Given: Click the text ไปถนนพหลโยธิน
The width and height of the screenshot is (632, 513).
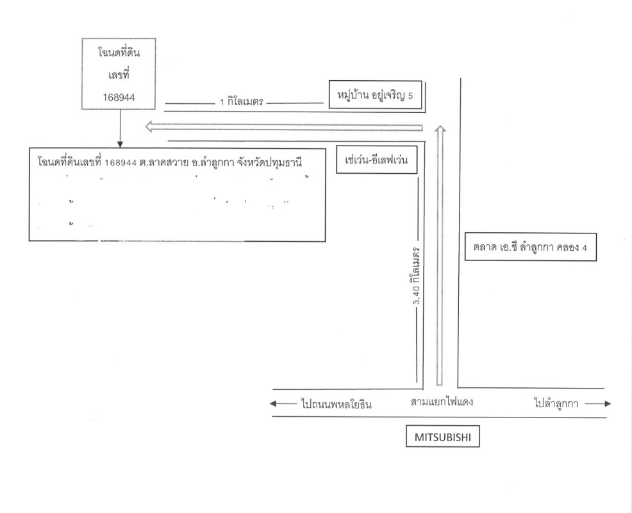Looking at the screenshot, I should point(336,404).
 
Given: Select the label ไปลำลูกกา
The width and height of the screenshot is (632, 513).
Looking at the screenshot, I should point(556,404).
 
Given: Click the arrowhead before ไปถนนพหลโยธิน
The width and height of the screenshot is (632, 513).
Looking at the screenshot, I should point(274,404).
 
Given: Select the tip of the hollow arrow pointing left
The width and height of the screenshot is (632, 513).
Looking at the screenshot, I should point(146,127).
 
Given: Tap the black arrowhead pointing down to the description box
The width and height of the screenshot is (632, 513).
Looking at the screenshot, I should point(120,143).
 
